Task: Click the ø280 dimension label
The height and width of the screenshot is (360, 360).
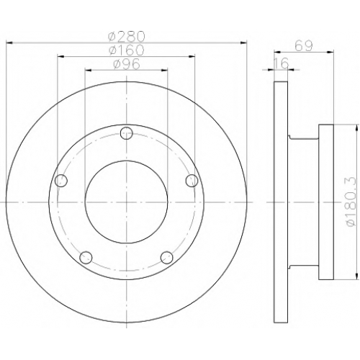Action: coord(127,36)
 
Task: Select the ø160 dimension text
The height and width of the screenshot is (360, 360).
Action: coord(127,50)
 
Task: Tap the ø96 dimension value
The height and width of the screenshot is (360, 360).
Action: coord(127,64)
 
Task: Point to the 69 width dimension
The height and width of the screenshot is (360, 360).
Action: coord(304,46)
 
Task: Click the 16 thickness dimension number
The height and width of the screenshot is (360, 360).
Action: coord(281,63)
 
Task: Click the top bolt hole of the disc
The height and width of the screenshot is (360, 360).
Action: coord(127,133)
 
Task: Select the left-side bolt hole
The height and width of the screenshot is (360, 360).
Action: coord(61,181)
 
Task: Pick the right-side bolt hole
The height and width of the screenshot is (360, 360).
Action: coord(192,181)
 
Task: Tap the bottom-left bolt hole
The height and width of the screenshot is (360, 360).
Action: coord(86,258)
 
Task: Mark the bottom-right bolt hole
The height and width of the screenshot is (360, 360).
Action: coord(167,258)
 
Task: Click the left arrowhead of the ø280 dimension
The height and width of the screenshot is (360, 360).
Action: coord(9,42)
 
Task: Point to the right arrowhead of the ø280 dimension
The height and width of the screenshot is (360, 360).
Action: coord(244,42)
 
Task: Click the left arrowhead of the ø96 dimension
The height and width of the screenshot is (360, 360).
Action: coord(89,70)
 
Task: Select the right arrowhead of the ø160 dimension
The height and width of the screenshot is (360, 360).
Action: coord(192,56)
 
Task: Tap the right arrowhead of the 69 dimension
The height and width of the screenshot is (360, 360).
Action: coord(330,51)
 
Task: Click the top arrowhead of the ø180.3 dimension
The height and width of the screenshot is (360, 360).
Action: coord(355,127)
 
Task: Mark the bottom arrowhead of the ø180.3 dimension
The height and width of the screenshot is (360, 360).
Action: coord(355,276)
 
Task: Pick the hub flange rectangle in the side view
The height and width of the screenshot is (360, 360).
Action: coord(326,202)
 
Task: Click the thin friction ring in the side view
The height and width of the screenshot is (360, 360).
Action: coord(281,202)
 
